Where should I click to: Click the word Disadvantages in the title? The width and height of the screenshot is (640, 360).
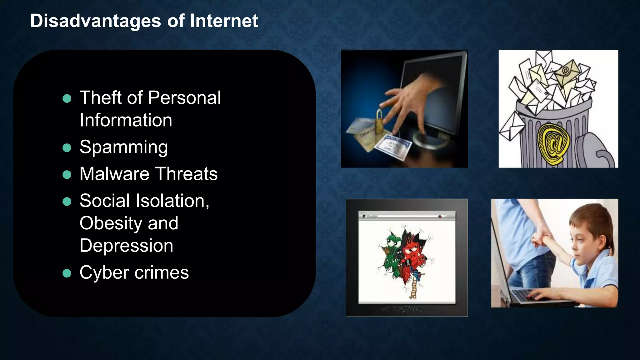[96, 21]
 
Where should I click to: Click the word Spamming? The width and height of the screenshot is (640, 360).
[123, 147]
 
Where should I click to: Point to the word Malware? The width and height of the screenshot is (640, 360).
[114, 174]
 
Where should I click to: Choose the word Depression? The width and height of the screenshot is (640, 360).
[126, 246]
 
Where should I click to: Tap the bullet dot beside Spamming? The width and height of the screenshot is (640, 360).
[67, 147]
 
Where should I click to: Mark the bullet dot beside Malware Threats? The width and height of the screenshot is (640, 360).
[67, 174]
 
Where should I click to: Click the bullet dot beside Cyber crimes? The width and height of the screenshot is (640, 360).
[67, 273]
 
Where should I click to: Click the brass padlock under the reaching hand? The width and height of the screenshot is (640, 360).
[379, 122]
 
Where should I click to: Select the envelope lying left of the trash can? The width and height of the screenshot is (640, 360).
[511, 127]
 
